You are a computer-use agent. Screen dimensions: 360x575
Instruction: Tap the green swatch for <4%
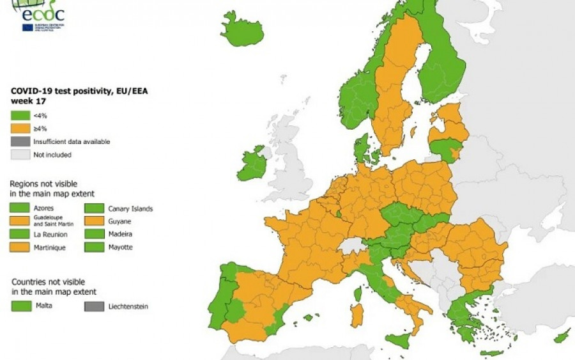(20, 116)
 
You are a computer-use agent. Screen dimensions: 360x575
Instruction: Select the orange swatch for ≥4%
(20, 129)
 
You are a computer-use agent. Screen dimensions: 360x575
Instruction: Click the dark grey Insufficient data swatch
(20, 141)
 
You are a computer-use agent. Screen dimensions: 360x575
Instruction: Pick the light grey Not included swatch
(20, 155)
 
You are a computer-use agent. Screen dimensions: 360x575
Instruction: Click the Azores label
(43, 208)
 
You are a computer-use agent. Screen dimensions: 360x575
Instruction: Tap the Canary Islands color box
(94, 208)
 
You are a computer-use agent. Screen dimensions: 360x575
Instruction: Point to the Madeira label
(120, 234)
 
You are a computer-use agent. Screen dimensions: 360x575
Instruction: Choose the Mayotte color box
(94, 247)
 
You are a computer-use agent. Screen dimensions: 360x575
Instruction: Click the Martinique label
(50, 247)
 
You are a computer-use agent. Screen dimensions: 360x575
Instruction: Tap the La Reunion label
(50, 234)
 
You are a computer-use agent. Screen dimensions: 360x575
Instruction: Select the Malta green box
(20, 306)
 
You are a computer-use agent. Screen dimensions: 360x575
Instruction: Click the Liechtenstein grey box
(94, 306)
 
